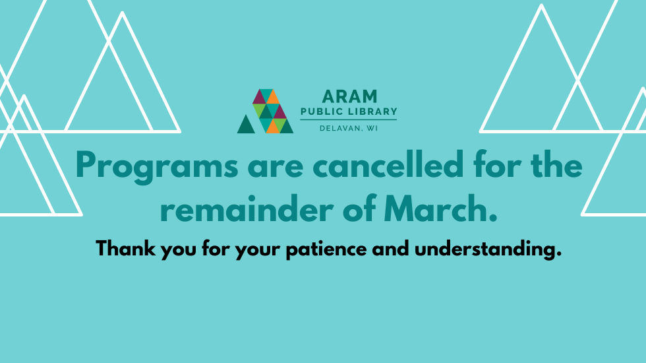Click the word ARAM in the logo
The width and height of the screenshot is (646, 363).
tap(349, 96)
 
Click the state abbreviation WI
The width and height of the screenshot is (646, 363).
tap(373, 128)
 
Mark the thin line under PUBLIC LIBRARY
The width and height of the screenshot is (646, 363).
tap(348, 119)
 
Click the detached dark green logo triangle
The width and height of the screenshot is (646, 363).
tap(246, 124)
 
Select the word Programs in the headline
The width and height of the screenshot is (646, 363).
tap(157, 166)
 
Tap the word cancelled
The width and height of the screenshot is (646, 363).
tap(388, 164)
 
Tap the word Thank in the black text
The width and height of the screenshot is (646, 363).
tap(126, 249)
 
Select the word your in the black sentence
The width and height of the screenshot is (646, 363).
tap(258, 251)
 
